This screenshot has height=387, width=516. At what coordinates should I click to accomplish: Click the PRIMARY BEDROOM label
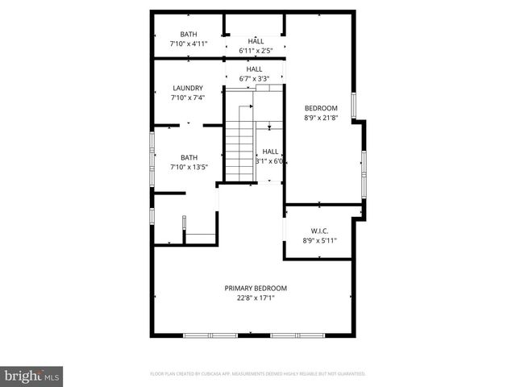click(256, 288)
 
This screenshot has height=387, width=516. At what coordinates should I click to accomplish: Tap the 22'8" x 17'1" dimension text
click(256, 298)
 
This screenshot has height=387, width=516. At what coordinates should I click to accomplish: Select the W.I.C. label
click(319, 231)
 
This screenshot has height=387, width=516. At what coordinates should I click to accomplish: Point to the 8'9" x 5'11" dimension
click(319, 240)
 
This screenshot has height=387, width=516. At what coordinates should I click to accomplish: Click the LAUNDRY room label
click(188, 88)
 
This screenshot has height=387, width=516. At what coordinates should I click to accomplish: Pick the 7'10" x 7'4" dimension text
click(188, 98)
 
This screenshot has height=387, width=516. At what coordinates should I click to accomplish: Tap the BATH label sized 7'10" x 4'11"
click(189, 34)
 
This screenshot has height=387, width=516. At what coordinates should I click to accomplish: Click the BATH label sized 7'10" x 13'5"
click(189, 157)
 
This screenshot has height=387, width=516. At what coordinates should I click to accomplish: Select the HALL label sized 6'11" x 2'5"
click(256, 41)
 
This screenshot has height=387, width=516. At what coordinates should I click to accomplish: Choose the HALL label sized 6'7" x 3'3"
click(254, 69)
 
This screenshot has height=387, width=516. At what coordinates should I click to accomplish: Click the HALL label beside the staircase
click(271, 151)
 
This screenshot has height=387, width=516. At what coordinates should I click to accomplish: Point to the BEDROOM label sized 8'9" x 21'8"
click(320, 108)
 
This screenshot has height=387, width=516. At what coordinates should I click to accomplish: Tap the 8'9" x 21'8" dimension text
click(320, 118)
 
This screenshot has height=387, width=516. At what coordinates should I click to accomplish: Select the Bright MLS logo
click(32, 376)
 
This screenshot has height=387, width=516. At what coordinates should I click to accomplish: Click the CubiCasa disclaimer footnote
click(258, 374)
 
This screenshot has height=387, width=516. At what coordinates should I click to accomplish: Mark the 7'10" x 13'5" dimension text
click(189, 167)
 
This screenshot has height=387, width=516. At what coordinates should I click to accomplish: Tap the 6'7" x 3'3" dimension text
click(254, 79)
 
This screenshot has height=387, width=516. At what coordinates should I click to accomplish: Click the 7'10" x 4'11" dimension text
click(189, 44)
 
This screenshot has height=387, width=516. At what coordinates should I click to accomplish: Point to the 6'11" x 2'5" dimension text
click(256, 51)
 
